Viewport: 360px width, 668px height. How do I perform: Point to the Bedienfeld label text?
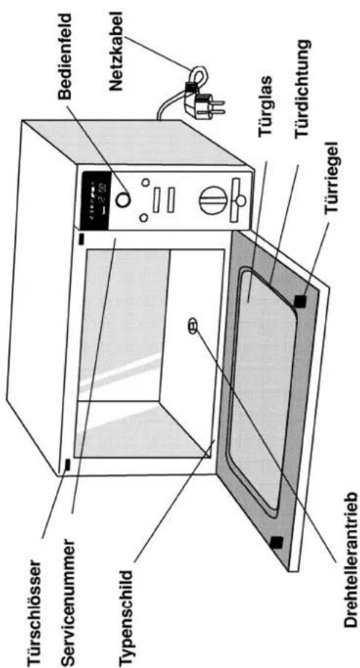point(66,57)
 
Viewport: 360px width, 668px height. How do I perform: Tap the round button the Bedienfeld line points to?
point(123,199)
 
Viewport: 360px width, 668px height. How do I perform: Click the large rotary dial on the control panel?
point(212,199)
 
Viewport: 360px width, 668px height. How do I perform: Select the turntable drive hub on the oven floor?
point(192,327)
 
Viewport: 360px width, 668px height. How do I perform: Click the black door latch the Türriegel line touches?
point(300,301)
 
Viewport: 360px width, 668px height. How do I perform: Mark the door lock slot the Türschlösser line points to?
point(67,465)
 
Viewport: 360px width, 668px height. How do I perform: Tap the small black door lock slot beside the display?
point(81,239)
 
